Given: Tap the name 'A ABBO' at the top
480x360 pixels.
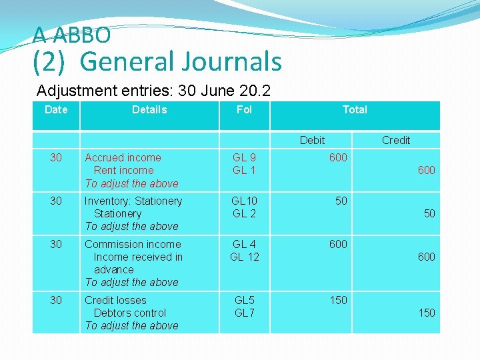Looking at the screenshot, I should click(71, 35).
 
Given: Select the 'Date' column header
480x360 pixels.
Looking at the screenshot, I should click(56, 109).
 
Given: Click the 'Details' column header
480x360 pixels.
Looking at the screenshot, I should click(149, 109).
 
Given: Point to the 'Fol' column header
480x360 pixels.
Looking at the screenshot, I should click(244, 109).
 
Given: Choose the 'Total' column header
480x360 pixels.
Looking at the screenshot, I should click(355, 109).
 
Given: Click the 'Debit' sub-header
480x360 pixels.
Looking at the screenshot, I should click(312, 140).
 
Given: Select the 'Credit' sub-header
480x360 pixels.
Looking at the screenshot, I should click(396, 140).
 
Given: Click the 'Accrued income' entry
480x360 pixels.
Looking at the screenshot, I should click(123, 157).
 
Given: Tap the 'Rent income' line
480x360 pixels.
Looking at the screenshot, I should click(123, 170).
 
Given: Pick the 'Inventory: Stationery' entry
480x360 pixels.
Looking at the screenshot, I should click(133, 201).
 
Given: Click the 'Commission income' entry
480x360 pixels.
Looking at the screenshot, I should click(133, 244).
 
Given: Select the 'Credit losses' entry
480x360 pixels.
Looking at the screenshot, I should click(115, 300).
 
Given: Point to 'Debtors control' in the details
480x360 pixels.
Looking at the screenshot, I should click(130, 313).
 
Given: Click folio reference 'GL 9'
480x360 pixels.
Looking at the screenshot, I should click(244, 157).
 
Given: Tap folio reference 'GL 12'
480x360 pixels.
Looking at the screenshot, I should click(244, 257).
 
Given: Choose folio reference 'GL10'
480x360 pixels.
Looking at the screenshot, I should click(244, 201).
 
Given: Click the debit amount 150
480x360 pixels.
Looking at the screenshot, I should click(338, 300).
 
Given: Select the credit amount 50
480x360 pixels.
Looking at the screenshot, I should click(429, 213).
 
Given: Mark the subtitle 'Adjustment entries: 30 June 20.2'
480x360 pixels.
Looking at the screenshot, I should click(153, 90).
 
